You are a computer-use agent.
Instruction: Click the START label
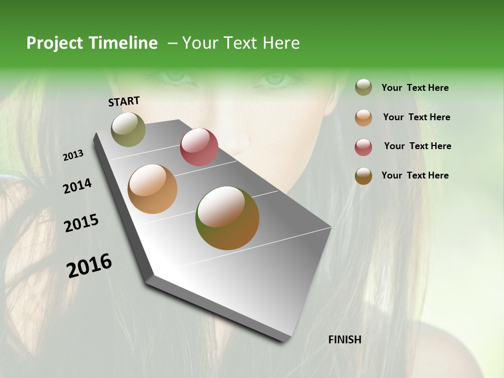point(124,101)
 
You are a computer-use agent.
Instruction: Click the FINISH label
point(344,340)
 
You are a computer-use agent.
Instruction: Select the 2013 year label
point(73,155)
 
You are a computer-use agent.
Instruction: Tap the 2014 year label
point(77,186)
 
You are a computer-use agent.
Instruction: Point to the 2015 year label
point(81,223)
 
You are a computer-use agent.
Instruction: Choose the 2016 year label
point(89,266)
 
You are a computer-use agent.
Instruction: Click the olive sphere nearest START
point(128,130)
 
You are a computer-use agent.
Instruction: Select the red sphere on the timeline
point(199,146)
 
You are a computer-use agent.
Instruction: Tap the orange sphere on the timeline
point(152,189)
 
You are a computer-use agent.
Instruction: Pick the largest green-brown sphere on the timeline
point(227,218)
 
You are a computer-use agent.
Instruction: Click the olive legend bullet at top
point(363,88)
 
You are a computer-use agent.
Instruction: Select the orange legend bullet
point(363,118)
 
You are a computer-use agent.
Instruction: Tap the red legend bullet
point(363,147)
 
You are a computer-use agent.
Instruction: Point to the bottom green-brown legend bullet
point(363,176)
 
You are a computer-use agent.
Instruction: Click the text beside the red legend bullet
point(417,146)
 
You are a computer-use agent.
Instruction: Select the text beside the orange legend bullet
point(416,117)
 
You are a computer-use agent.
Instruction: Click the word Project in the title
point(55,43)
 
